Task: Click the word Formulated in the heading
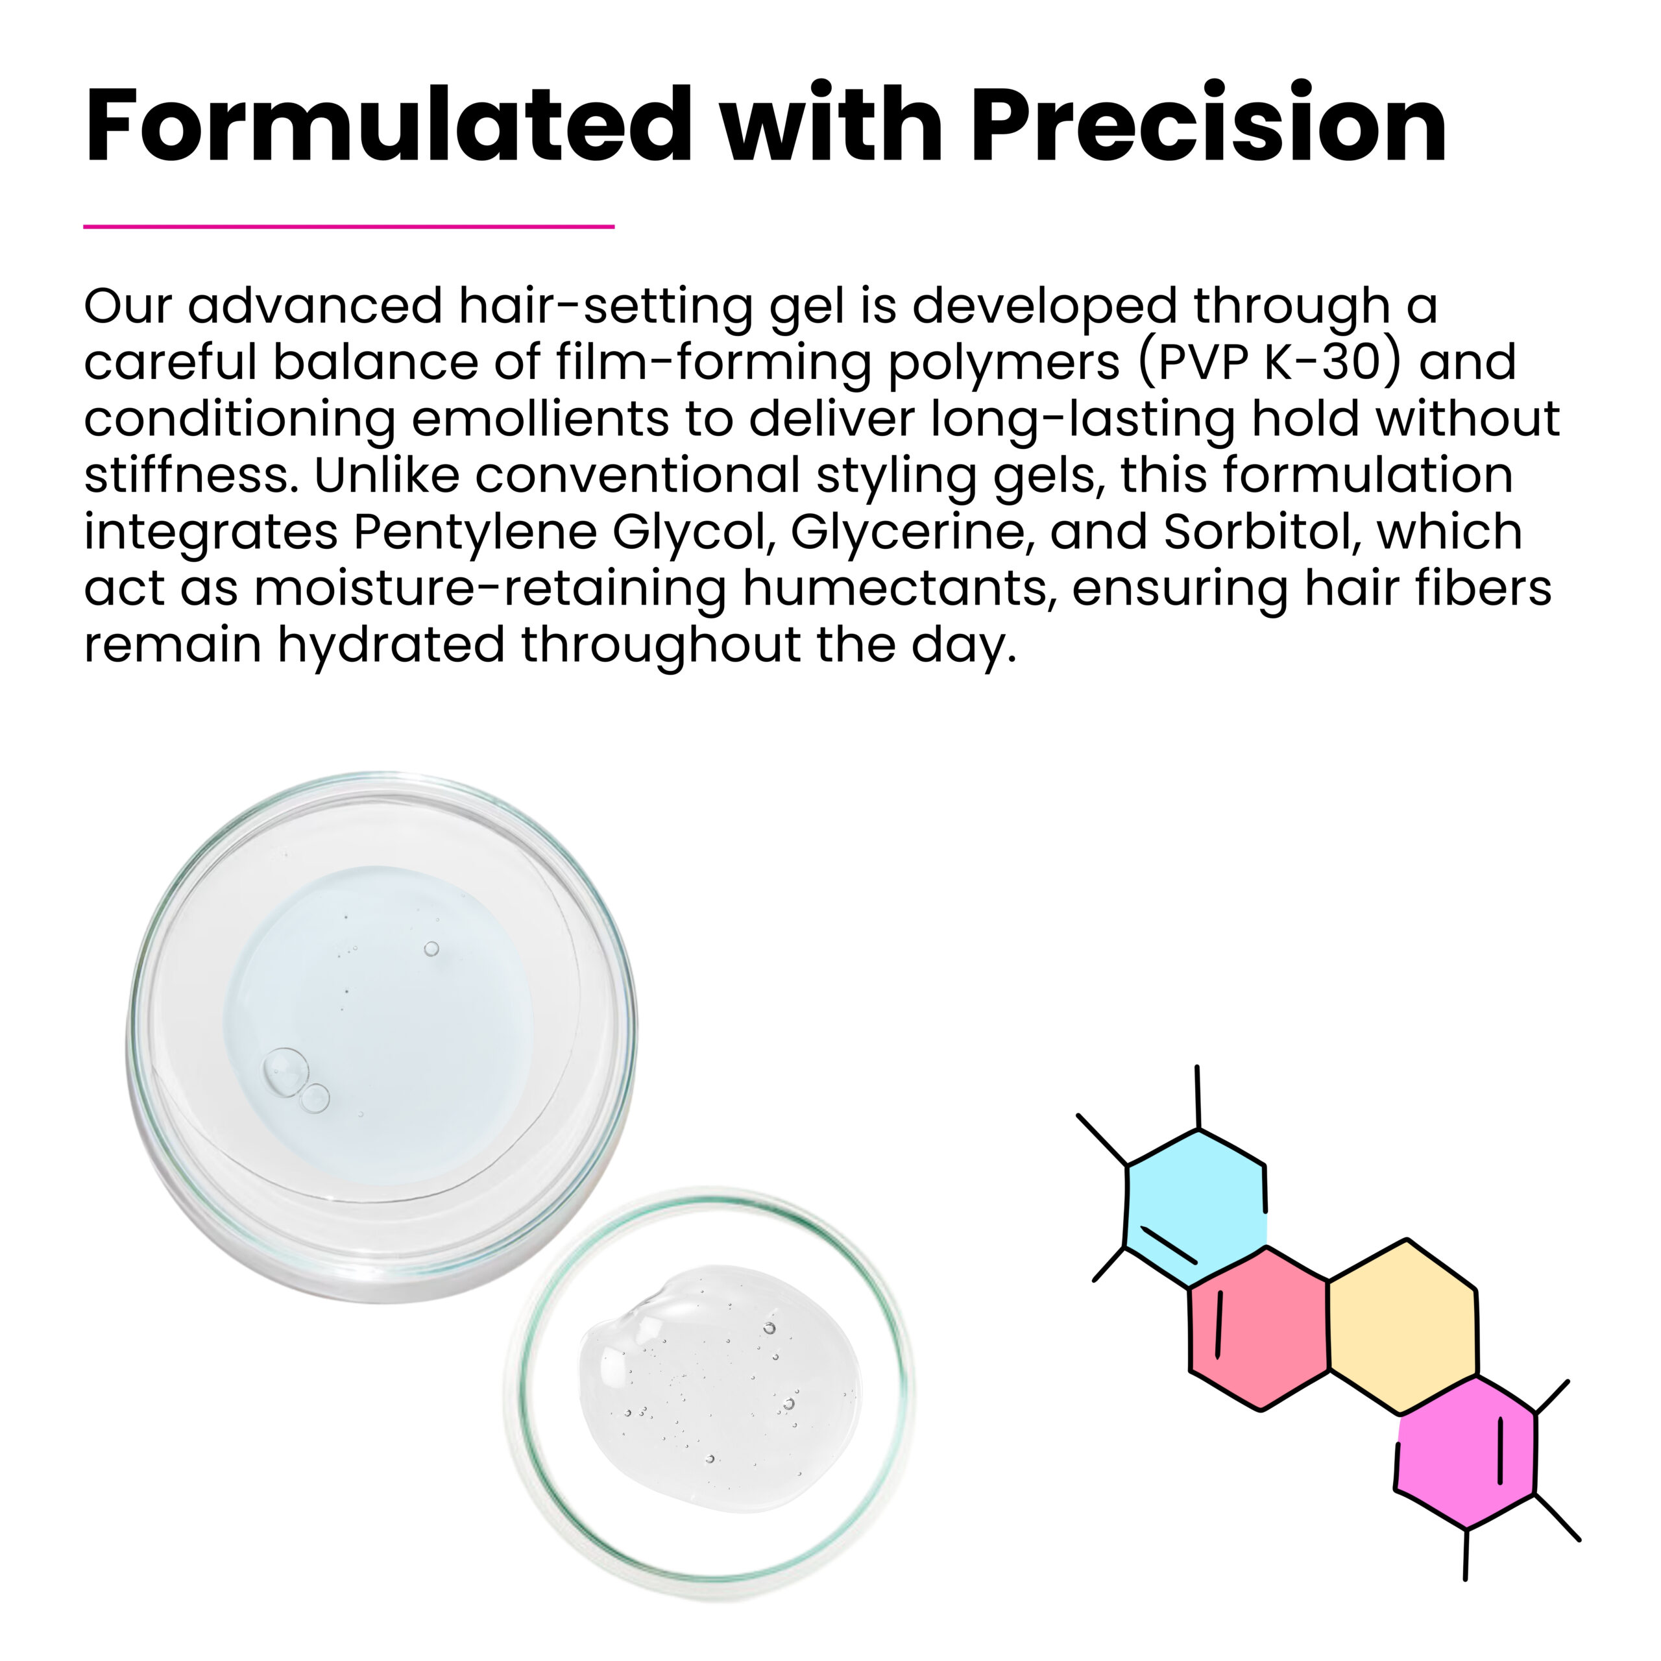[389, 124]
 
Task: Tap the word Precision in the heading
[1209, 124]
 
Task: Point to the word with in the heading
[832, 124]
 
